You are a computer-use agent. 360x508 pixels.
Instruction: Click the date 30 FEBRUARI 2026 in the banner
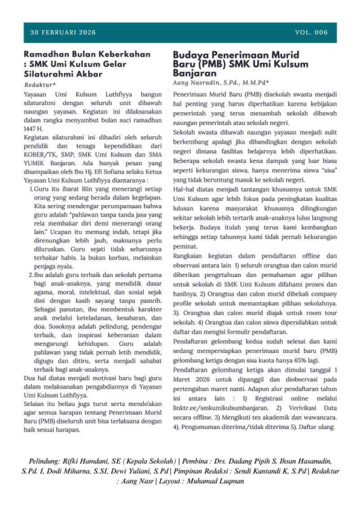tap(63, 33)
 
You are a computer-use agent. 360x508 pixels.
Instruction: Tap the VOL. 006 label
tap(311, 33)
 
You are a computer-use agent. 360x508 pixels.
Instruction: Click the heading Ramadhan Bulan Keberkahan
tap(87, 54)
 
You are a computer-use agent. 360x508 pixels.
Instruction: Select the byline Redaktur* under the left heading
tap(40, 85)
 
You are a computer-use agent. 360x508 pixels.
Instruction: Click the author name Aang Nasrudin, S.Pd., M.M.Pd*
tap(220, 83)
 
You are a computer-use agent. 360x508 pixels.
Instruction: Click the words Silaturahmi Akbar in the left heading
tap(63, 74)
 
